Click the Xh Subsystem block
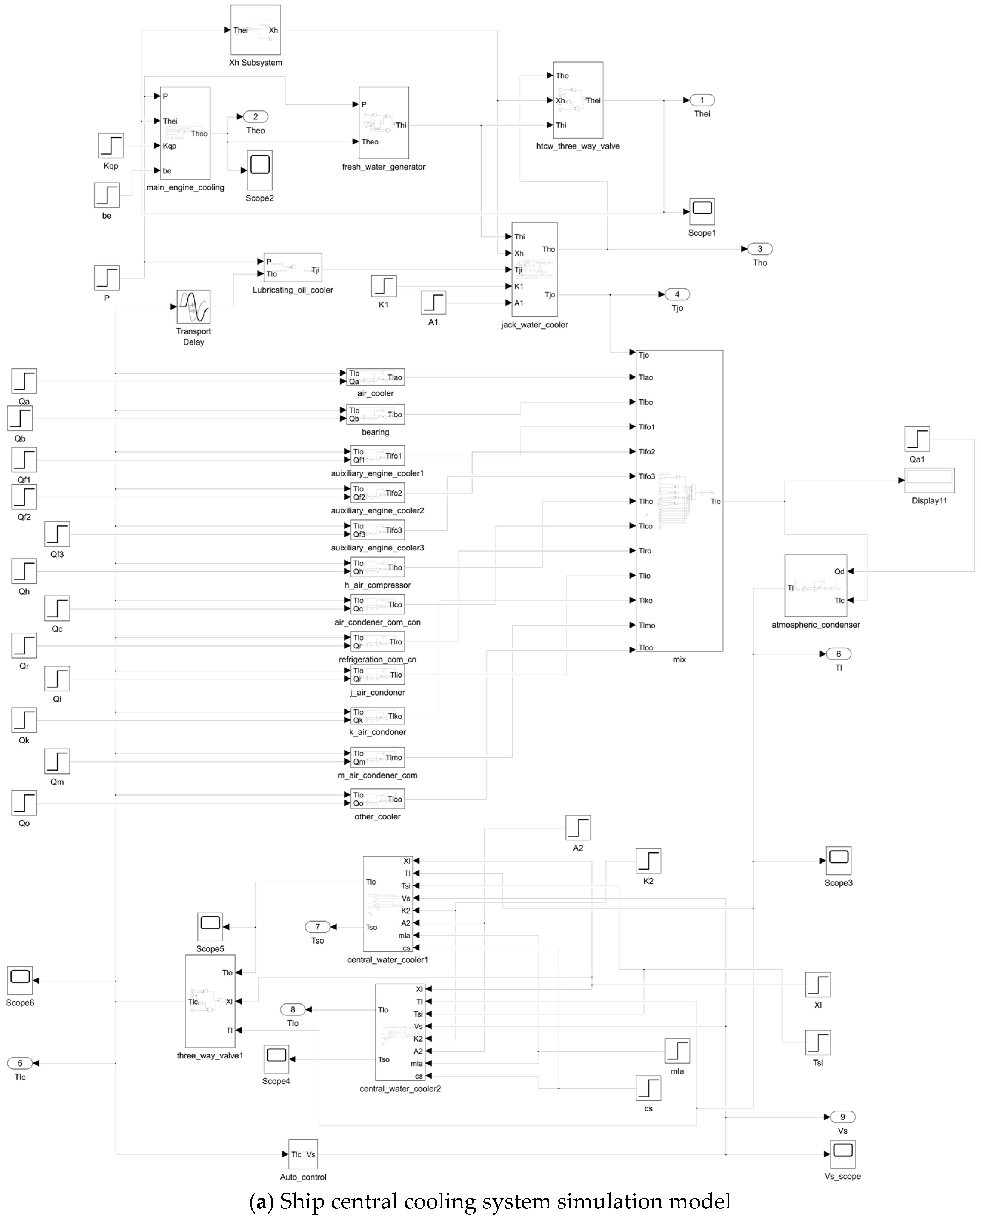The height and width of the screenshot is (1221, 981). [x=256, y=30]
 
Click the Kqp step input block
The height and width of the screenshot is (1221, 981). [x=111, y=146]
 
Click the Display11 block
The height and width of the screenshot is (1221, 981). [x=929, y=480]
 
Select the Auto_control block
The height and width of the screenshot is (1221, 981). [x=303, y=1154]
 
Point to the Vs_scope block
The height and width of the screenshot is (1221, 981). [x=842, y=1154]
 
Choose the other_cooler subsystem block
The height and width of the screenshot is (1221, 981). [x=377, y=799]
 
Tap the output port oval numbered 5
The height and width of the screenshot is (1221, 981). [x=20, y=1063]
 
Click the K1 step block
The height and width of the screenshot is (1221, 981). [x=383, y=286]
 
